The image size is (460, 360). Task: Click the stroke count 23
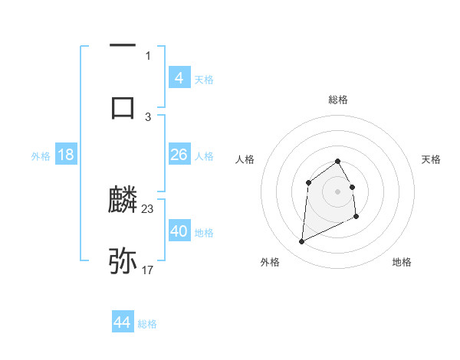coord(148,208)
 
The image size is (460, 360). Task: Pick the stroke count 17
coord(148,270)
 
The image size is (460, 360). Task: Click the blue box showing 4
coord(179,78)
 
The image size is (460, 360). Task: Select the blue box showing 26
coord(179,155)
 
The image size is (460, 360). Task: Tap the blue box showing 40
coord(179,231)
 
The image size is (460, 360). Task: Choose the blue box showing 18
coord(66,155)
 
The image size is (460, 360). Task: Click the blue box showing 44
coord(122,322)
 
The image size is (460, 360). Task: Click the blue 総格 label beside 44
coord(147,324)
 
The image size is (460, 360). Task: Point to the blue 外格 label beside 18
coord(41,156)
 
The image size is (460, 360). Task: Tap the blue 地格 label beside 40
coord(205,233)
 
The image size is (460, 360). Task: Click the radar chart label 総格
coord(338,100)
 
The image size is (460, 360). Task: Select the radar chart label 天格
coord(432,159)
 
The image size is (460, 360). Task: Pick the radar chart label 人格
coord(245,159)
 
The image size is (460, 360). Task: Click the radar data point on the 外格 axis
coord(301,242)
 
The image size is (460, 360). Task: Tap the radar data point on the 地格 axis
coord(357,218)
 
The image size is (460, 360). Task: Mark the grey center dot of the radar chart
coord(338,191)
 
